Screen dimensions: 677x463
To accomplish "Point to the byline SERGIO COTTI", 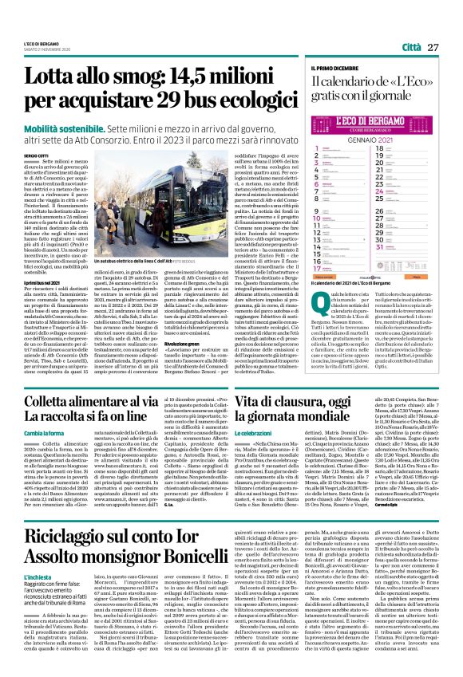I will [37, 155].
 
